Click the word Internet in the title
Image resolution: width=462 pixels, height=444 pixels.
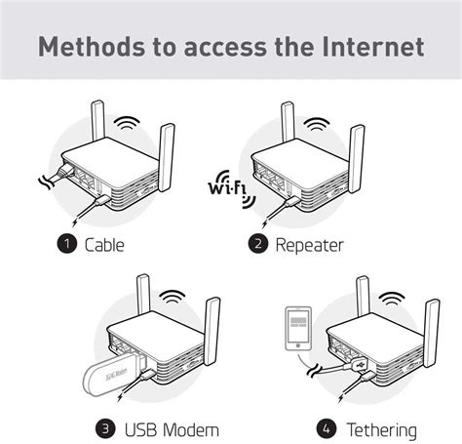pos(376,46)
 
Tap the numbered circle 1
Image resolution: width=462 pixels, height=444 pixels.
pos(66,244)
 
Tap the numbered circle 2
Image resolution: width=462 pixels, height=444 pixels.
pos(258,244)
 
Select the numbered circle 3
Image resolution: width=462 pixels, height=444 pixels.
pos(105,428)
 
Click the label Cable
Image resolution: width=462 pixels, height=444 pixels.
pos(104,244)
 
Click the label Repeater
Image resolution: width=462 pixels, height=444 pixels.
pos(308,244)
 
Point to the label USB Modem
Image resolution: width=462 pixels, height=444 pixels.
pos(171,428)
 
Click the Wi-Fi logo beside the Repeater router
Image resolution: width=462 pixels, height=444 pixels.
pos(228,186)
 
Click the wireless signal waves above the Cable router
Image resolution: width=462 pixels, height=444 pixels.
pos(126,126)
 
